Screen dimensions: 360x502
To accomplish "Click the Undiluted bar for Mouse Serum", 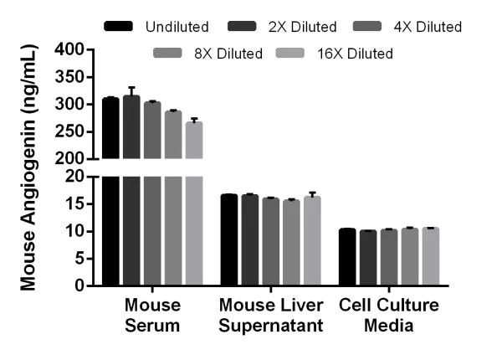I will click(x=110, y=218).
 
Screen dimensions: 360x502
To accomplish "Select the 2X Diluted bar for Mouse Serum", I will click(x=131, y=218).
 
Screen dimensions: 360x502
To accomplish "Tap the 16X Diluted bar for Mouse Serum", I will click(x=194, y=226).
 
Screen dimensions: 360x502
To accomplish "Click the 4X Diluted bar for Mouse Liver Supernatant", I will click(x=271, y=242).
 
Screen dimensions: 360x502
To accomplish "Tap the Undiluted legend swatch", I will click(x=119, y=27).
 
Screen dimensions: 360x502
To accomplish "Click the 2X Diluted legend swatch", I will click(x=243, y=27).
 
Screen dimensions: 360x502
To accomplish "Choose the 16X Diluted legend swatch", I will click(x=295, y=54).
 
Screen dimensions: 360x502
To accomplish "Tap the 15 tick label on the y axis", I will click(x=75, y=203).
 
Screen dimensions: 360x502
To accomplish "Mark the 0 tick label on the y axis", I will click(x=80, y=285).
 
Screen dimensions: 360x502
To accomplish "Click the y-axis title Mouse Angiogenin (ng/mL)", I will click(x=28, y=167).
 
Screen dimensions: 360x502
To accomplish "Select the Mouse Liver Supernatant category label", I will click(x=271, y=315).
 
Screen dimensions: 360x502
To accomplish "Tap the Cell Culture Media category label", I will click(x=389, y=315).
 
